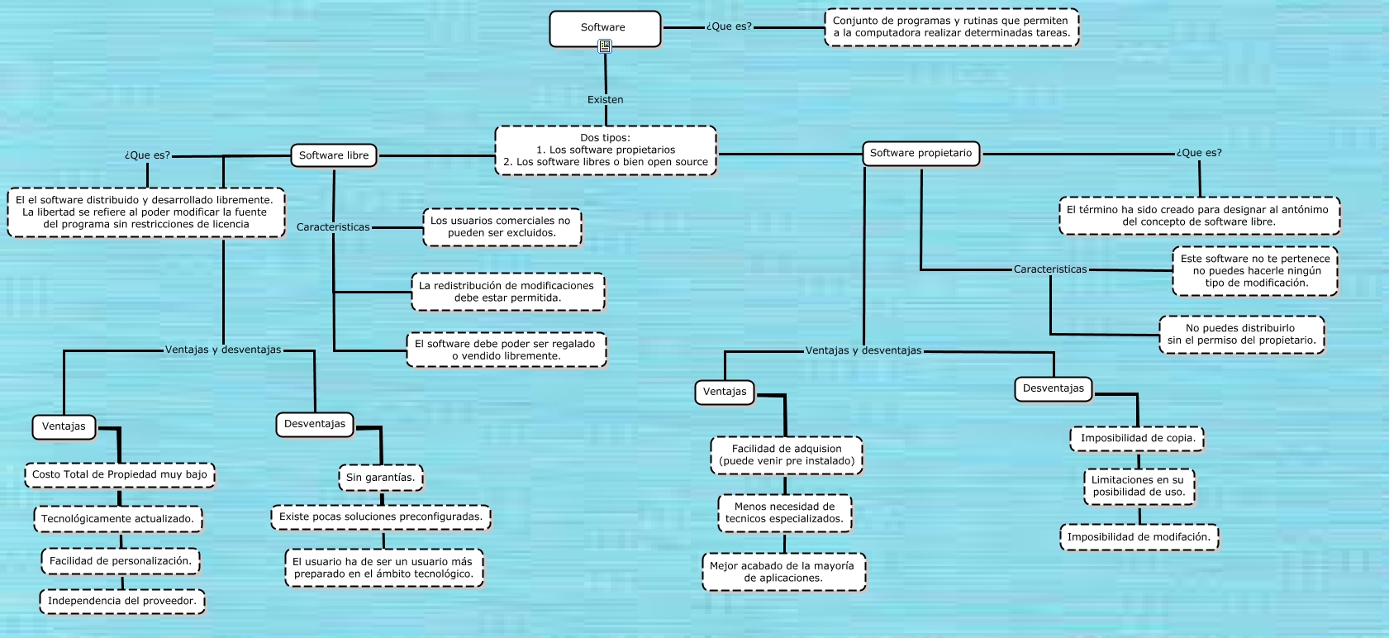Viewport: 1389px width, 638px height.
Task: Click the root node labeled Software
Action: point(605,29)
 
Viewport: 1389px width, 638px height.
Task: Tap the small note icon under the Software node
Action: point(605,46)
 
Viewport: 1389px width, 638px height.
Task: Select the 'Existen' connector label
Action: point(605,99)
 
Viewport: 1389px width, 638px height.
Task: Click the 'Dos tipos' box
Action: point(606,150)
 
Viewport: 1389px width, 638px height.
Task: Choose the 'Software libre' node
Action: point(334,155)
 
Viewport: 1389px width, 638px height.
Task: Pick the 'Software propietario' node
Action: point(920,153)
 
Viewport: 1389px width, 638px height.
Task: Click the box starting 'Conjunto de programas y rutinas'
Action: point(952,27)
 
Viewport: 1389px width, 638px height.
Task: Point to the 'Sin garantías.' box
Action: point(381,478)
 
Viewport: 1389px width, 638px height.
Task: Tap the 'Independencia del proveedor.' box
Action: point(122,601)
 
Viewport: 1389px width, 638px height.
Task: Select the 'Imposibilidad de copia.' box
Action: point(1137,438)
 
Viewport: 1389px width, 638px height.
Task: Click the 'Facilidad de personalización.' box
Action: point(121,561)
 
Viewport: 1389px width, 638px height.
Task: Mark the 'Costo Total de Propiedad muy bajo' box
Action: point(120,475)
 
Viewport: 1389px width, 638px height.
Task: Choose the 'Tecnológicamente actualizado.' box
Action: point(118,519)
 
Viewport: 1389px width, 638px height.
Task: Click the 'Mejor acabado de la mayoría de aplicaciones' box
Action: point(784,572)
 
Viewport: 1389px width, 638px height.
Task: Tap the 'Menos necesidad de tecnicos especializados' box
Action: point(784,512)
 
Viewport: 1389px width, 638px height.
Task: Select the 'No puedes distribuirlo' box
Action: point(1241,334)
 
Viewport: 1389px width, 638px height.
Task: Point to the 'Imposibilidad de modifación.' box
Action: point(1139,537)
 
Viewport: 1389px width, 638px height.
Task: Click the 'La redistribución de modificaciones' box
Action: point(507,292)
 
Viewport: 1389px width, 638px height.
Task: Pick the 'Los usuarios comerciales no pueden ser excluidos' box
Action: point(502,227)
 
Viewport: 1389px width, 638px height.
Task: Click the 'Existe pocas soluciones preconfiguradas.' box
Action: point(381,517)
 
